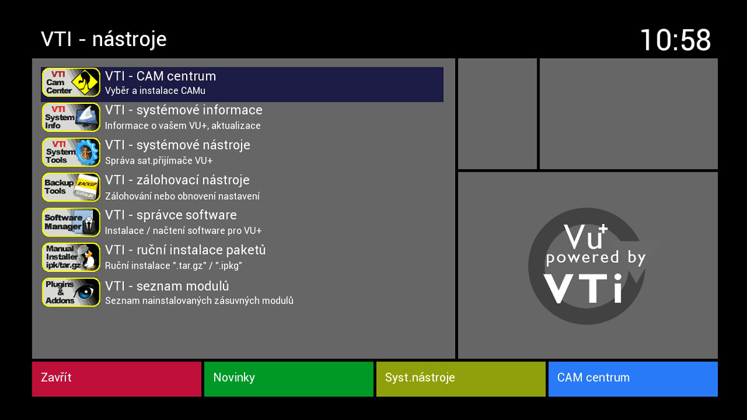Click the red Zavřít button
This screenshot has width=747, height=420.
click(116, 378)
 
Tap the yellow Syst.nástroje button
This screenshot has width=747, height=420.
click(461, 378)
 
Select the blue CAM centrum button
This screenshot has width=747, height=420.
click(632, 378)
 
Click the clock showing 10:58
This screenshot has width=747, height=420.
click(675, 40)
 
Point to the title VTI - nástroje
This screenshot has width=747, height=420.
click(104, 39)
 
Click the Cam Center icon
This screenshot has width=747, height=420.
click(71, 83)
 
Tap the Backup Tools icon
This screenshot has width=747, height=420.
click(71, 187)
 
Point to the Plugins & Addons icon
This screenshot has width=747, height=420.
click(71, 292)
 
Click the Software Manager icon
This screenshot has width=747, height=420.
click(71, 222)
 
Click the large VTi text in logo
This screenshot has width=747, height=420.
click(583, 287)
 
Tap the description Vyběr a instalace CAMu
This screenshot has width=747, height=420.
click(155, 91)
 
